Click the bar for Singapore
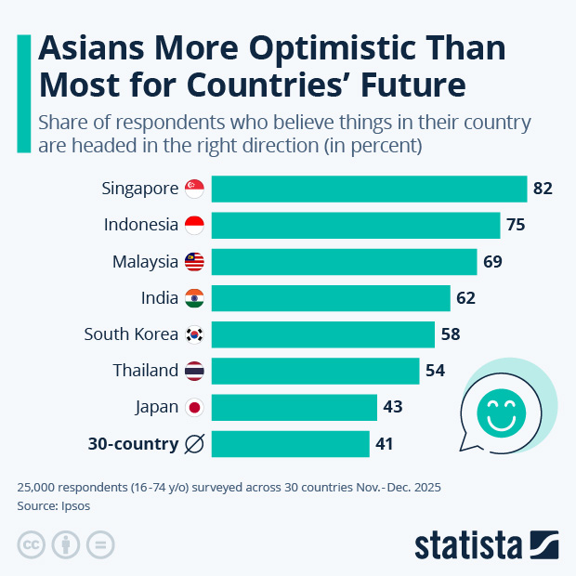369,189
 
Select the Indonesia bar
356,225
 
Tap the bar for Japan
294,407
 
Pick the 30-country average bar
290,444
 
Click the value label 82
543,189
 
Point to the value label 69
492,261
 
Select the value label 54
435,371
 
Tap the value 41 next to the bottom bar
385,444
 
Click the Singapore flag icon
194,189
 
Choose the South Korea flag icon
194,334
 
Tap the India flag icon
194,298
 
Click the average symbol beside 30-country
194,444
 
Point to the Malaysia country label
145,261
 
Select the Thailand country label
146,371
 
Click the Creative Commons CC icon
32,544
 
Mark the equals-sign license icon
100,544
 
